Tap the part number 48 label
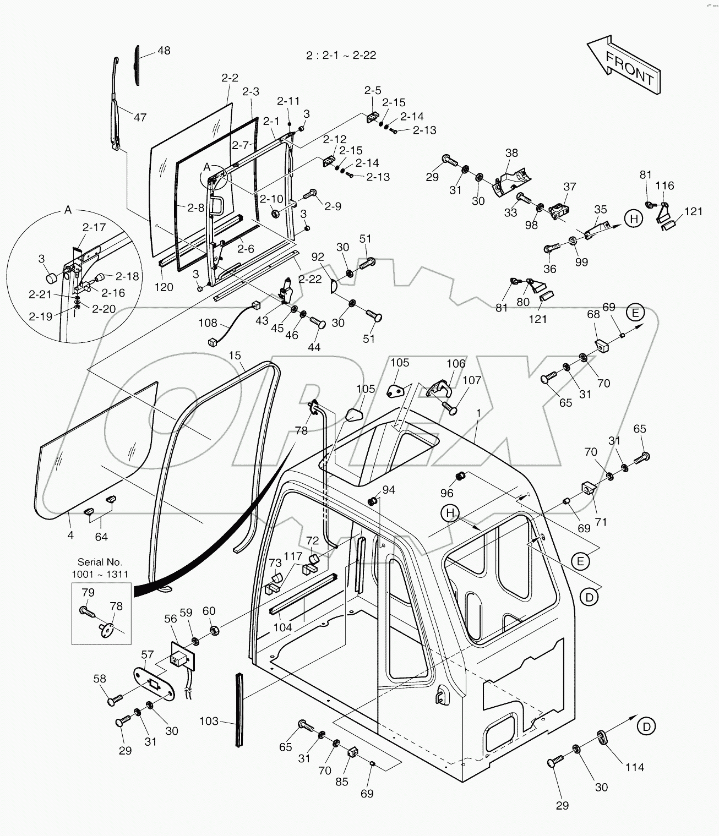[164, 51]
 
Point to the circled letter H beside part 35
[634, 218]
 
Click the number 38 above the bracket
[511, 153]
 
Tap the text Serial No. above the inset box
[100, 562]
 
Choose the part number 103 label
[209, 721]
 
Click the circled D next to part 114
[646, 726]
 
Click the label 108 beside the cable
[208, 323]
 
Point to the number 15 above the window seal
[235, 356]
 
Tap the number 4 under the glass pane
[70, 534]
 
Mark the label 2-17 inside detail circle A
[94, 227]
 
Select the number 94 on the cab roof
[389, 490]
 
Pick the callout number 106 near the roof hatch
[455, 363]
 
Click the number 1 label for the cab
[478, 413]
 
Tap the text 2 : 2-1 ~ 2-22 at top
[341, 55]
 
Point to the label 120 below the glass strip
[164, 287]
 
